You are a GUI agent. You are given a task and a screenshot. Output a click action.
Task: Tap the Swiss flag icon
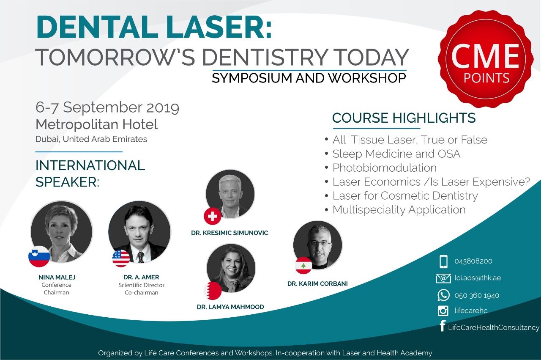click(213, 216)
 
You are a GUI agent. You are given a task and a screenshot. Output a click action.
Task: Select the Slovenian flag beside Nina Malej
click(39, 256)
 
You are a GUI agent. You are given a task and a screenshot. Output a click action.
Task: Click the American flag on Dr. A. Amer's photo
click(121, 258)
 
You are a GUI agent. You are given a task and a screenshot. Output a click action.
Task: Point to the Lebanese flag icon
click(303, 265)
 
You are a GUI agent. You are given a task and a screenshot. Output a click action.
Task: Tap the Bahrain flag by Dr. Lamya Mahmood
click(213, 291)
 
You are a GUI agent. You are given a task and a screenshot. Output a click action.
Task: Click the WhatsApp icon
click(443, 295)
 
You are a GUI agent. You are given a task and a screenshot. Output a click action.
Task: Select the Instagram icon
click(443, 311)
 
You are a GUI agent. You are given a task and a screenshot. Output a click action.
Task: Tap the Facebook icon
click(443, 326)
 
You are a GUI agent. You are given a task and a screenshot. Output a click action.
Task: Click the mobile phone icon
click(443, 261)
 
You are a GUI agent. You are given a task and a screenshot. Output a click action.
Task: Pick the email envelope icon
click(443, 278)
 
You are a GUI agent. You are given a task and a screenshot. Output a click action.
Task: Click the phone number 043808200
click(473, 261)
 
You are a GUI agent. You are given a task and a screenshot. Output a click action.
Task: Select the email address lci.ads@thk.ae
click(478, 278)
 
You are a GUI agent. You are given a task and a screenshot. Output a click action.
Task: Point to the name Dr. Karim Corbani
click(317, 283)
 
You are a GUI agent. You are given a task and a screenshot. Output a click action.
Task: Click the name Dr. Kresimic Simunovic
click(230, 233)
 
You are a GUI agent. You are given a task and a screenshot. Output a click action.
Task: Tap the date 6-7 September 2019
click(107, 107)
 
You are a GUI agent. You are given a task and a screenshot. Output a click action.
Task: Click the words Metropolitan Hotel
click(97, 124)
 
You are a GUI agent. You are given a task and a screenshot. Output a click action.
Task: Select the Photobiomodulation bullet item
click(384, 168)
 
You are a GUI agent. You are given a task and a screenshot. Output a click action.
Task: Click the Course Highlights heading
click(404, 118)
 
